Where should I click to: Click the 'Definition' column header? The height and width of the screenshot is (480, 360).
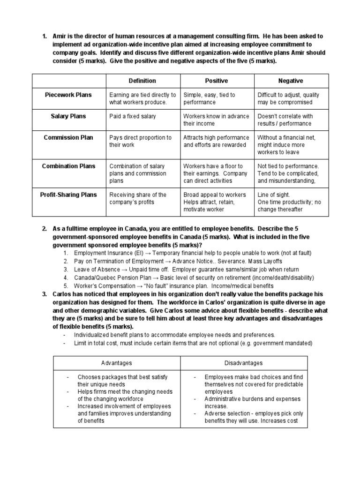pos(142,81)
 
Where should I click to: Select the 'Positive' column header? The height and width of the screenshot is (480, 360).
pos(217,81)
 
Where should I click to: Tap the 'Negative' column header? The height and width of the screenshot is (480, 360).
pos(291,81)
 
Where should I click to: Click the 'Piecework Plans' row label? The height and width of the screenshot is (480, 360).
pos(68,95)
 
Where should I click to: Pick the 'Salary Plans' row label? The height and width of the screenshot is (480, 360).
pos(68,116)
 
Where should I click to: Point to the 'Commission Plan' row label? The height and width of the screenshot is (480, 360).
pos(68,138)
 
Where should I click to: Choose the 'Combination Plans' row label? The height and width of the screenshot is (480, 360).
pos(68,166)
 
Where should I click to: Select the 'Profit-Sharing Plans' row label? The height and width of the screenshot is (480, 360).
pos(68,195)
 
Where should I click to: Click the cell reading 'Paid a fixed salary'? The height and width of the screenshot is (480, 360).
pos(133,116)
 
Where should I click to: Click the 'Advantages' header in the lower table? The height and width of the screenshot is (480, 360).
pos(117,363)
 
